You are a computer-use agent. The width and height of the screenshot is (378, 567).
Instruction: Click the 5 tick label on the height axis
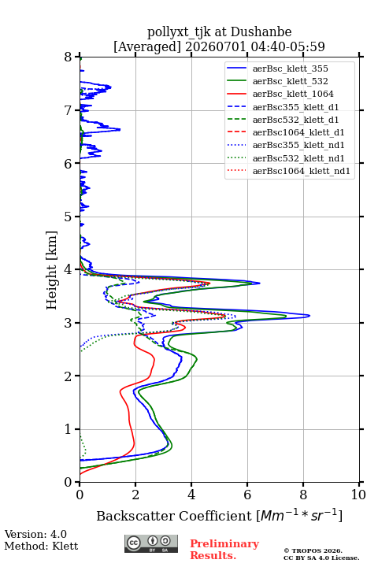pos(69,217)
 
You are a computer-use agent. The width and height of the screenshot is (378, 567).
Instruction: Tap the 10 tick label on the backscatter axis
pos(358,495)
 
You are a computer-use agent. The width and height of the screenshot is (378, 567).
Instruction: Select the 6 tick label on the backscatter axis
pos(247,495)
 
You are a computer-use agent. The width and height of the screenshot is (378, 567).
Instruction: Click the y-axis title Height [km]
pos(51,270)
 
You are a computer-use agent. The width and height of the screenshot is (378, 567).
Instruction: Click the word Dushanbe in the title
pos(261,32)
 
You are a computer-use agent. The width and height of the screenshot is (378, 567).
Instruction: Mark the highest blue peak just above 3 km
pos(309,316)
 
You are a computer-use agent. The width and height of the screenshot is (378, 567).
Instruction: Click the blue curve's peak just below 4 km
pos(260,283)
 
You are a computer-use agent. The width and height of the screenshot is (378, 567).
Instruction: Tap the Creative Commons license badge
pos(151,543)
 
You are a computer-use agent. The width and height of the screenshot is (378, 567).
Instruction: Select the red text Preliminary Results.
pos(224,550)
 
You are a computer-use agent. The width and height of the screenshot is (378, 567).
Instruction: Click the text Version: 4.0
pos(35,534)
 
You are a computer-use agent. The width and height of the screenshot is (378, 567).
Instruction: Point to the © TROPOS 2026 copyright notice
pos(313,550)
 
